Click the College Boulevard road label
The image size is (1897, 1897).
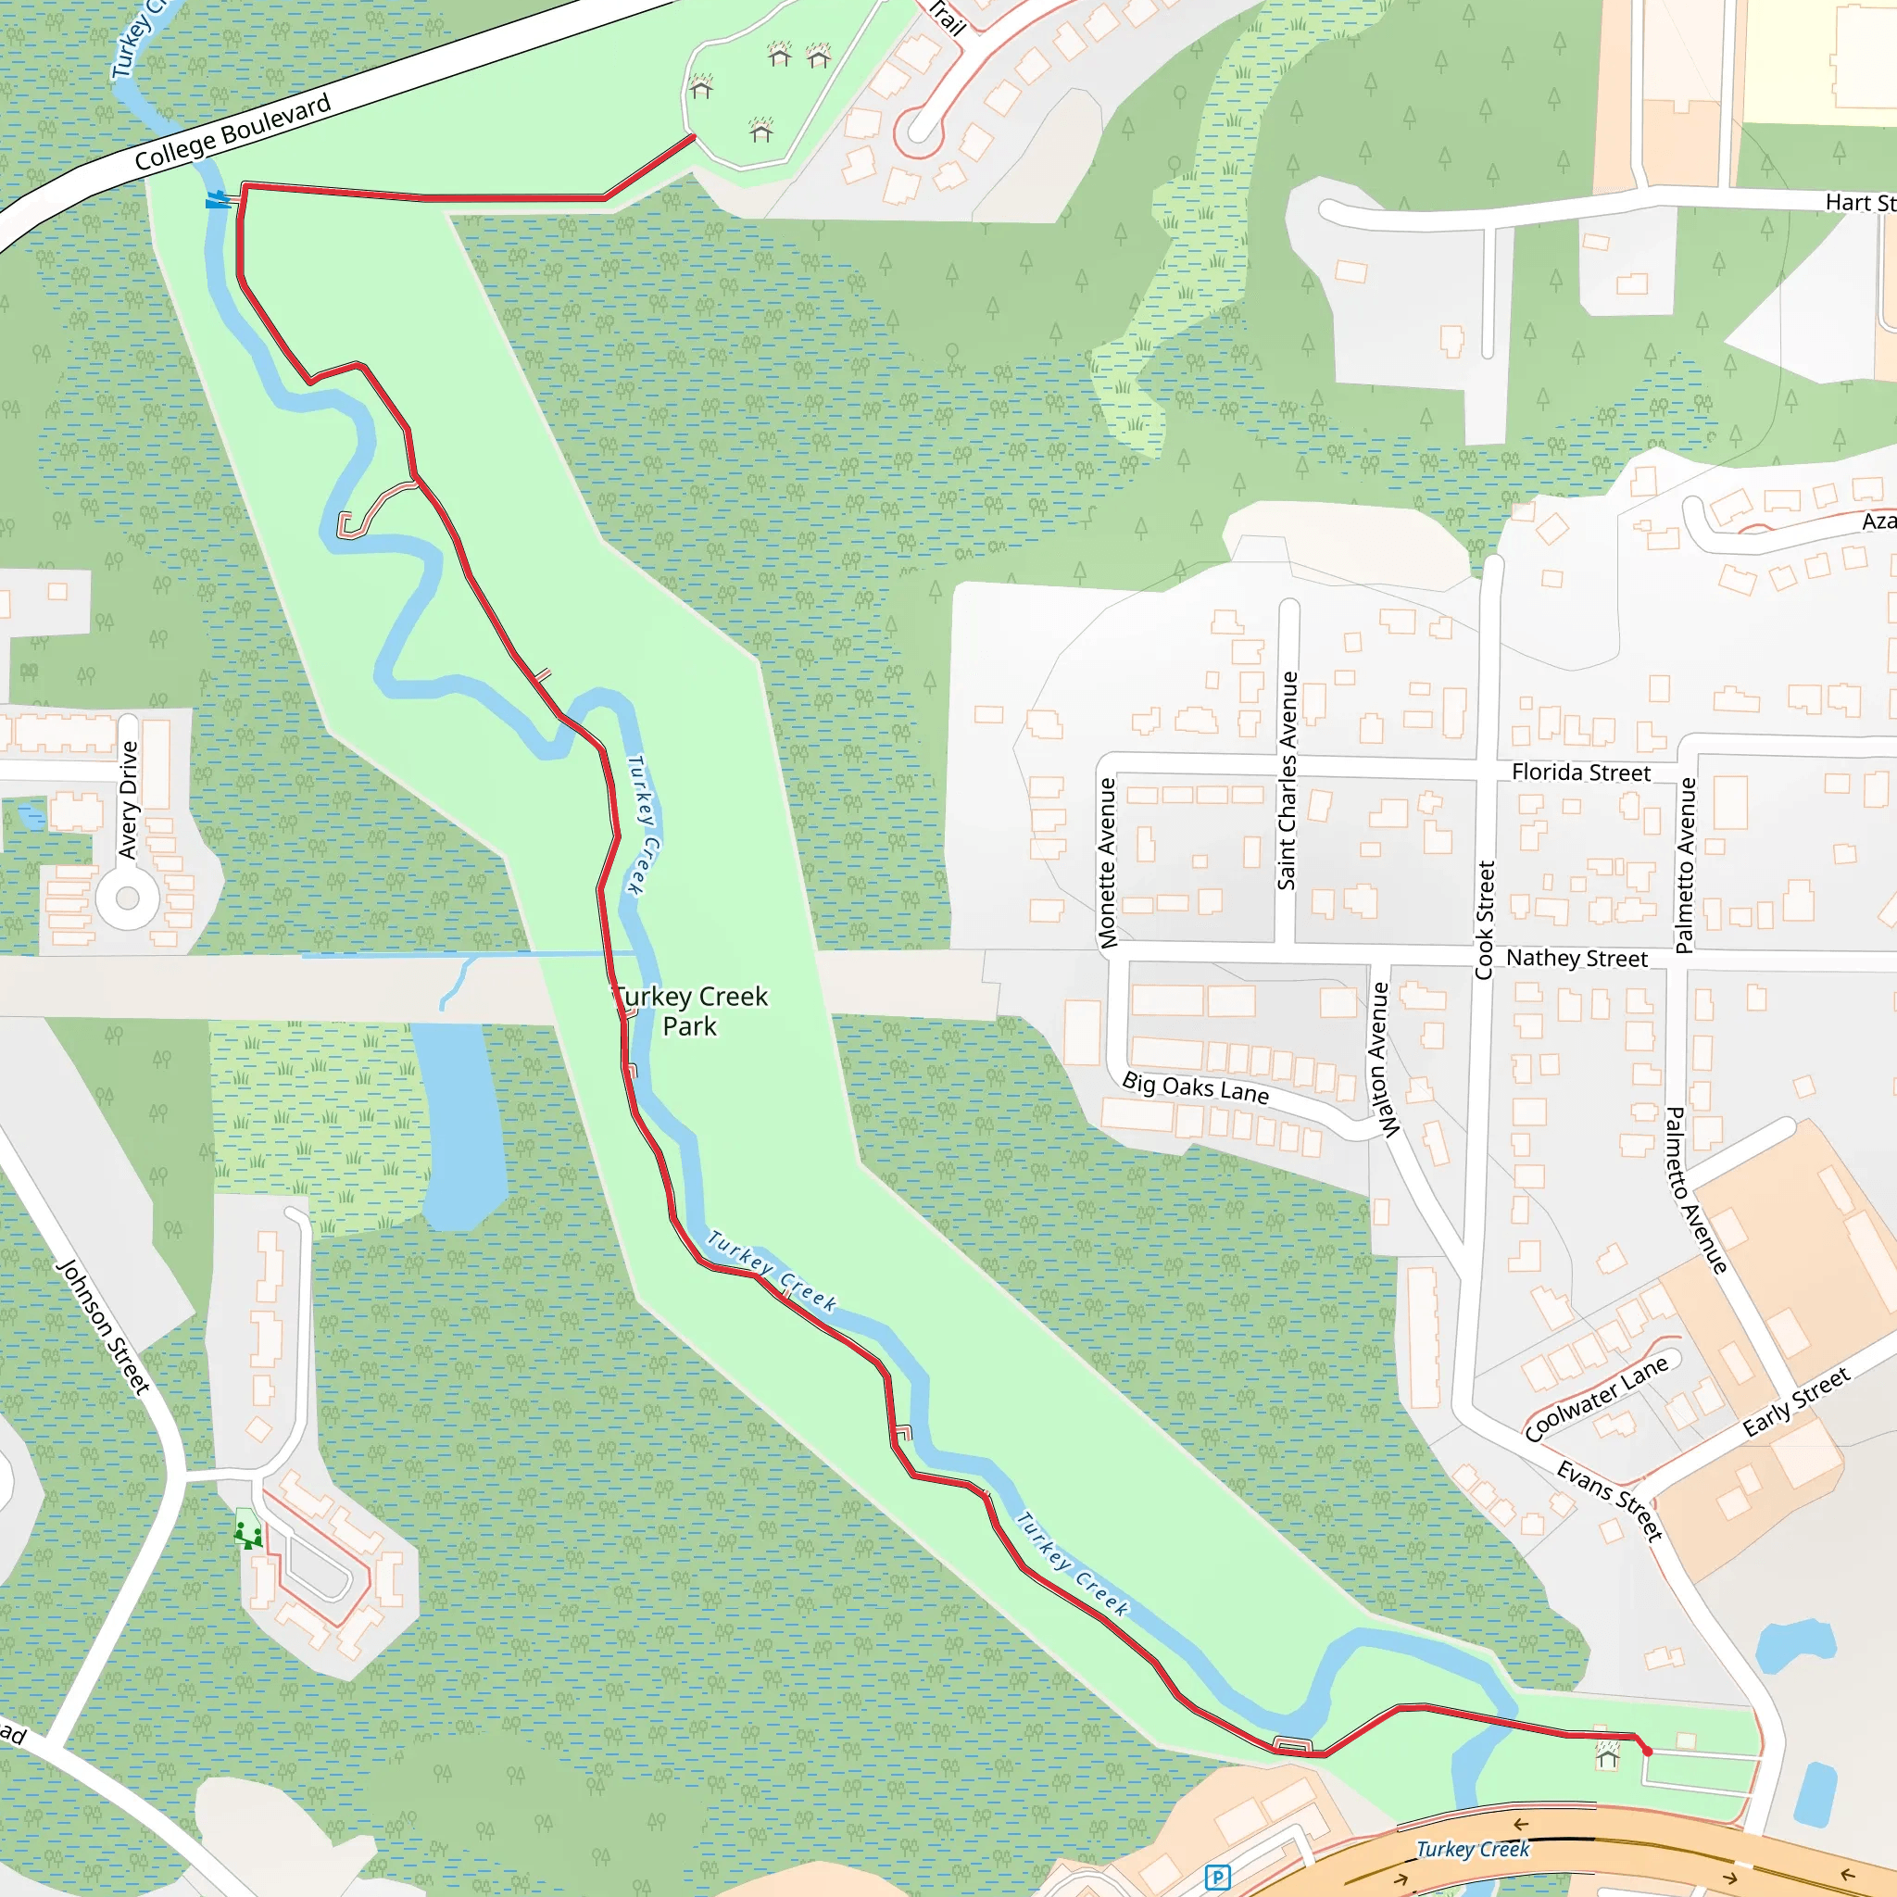232,132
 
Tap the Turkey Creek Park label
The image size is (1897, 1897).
690,1011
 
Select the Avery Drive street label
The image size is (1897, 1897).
129,799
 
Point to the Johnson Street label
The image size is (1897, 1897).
103,1326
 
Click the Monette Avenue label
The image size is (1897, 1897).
1108,863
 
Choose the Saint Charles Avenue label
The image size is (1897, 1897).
1288,781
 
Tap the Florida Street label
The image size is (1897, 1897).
1581,773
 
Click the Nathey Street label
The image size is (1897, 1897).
1576,959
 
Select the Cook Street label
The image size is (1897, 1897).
1485,920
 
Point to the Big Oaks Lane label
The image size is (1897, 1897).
1195,1088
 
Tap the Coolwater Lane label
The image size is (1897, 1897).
1597,1400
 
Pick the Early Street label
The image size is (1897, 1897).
1796,1402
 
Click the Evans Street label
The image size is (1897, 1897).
1610,1501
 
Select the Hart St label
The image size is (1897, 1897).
1859,202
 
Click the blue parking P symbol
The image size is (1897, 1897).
1217,1878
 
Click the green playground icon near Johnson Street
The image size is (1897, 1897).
248,1533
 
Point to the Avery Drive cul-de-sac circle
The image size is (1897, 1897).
128,898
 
